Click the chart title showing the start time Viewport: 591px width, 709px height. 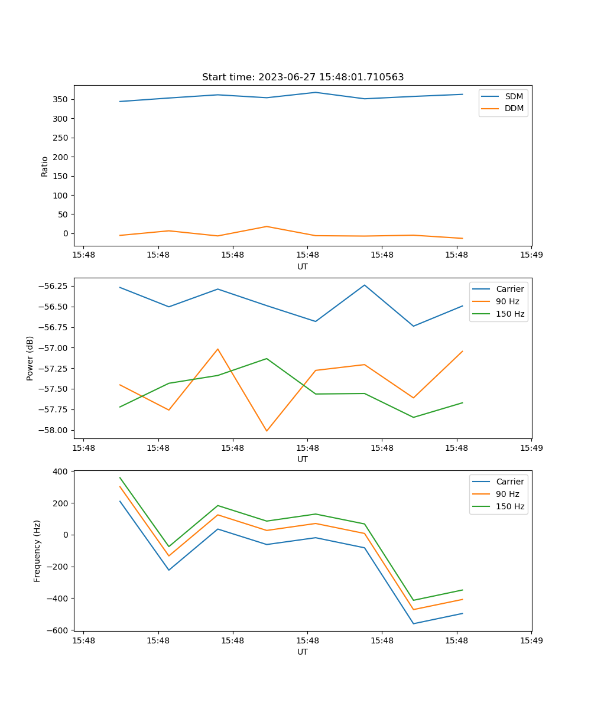pyautogui.click(x=303, y=77)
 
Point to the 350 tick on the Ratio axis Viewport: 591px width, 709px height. pyautogui.click(x=60, y=99)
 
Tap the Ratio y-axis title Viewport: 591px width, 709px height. pyautogui.click(x=45, y=166)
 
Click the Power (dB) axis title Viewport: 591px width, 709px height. pyautogui.click(x=30, y=358)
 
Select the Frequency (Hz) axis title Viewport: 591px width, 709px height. pyautogui.click(x=37, y=551)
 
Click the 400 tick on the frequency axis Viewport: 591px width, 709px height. pyautogui.click(x=61, y=471)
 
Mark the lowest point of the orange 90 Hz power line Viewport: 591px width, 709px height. pyautogui.click(x=267, y=431)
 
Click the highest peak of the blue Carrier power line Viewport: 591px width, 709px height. pyautogui.click(x=365, y=285)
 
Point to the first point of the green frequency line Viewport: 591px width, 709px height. pyautogui.click(x=120, y=477)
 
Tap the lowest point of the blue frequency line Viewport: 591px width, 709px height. pyautogui.click(x=414, y=623)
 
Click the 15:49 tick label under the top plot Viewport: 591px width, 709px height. pyautogui.click(x=531, y=255)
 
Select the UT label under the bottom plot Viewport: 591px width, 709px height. pyautogui.click(x=303, y=652)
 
